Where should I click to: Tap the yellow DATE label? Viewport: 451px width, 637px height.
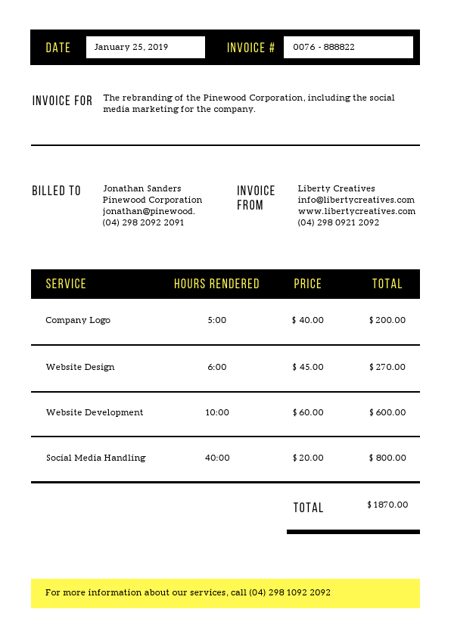point(58,48)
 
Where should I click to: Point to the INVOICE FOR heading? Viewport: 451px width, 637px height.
point(62,101)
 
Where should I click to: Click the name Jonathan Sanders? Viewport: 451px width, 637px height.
point(142,188)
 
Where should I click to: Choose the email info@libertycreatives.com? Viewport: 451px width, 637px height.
point(356,200)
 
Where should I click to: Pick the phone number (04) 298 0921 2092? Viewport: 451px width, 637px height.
point(338,222)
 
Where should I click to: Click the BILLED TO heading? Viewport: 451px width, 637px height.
point(56,191)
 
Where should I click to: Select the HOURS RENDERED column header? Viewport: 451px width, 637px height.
point(216,284)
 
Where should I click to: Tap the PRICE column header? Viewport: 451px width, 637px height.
point(307,284)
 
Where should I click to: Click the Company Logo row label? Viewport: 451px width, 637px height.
point(78,320)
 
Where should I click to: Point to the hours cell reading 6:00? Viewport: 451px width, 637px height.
point(216,367)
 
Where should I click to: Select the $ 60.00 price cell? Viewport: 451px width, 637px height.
point(307,412)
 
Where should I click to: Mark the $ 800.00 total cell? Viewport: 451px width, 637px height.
point(387,458)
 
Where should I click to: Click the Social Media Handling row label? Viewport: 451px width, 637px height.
point(95,458)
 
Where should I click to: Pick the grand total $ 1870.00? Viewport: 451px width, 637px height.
point(387,505)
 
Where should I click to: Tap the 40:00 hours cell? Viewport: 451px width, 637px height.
point(217,458)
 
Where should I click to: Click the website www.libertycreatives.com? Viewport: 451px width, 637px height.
point(356,211)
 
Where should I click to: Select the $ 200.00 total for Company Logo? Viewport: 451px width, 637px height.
point(387,320)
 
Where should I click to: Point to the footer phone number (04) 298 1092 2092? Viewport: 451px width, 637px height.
point(290,592)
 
